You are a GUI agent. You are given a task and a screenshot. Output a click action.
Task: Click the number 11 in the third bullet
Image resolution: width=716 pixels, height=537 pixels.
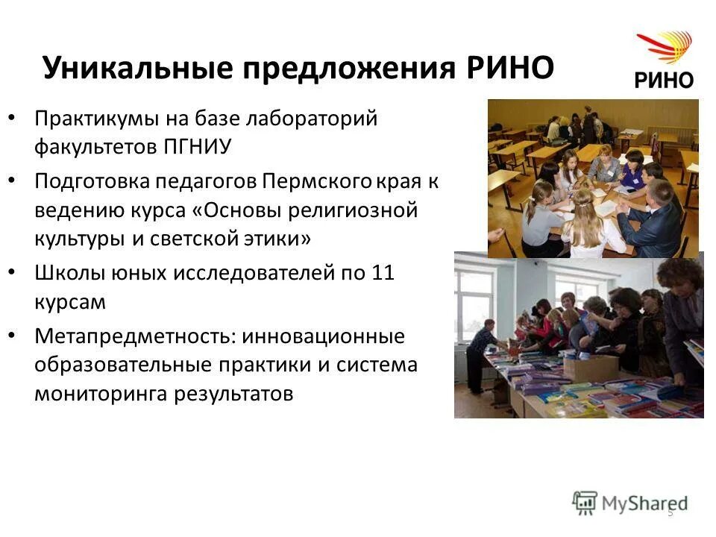382,274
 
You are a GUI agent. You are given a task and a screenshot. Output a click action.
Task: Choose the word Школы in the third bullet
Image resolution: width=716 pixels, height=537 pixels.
64,274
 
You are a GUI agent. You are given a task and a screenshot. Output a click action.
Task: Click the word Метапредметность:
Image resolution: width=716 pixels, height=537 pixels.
135,337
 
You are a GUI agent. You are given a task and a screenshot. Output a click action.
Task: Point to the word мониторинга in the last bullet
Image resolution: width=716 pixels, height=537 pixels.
102,394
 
